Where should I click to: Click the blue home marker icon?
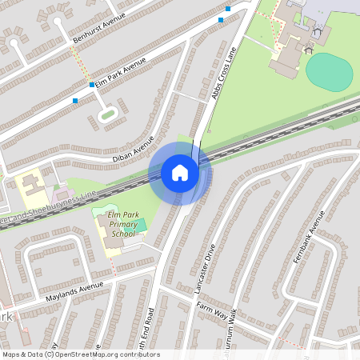180,173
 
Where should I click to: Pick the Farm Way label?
212,308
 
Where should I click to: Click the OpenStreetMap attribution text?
80,354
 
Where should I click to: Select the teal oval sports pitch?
329,71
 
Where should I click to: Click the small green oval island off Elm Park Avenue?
107,115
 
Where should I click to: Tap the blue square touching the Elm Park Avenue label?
92,84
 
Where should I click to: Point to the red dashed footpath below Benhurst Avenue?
78,61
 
